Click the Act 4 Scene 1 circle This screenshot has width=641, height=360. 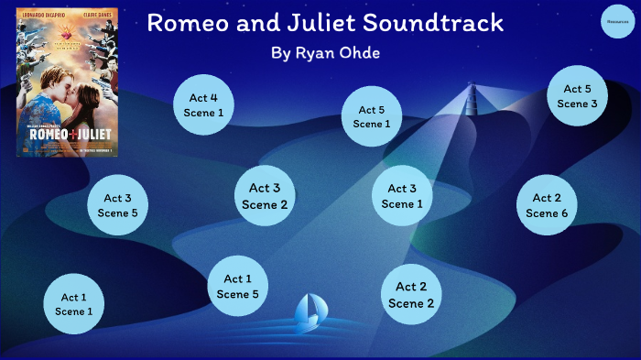[x=203, y=105]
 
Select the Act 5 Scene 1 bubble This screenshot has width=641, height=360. [x=372, y=116]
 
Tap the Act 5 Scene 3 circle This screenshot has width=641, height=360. [x=577, y=96]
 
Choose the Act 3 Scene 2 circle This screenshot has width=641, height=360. [x=265, y=196]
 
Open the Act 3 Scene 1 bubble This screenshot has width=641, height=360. [x=402, y=196]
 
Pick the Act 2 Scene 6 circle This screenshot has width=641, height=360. [x=547, y=205]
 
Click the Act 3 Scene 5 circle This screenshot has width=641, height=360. [x=117, y=205]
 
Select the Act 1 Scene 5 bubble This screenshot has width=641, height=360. [x=238, y=286]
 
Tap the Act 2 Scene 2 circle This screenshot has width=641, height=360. [x=411, y=294]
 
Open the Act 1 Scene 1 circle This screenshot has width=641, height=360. [x=74, y=303]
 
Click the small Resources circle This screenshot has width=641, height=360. [x=616, y=21]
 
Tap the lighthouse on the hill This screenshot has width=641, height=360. [x=473, y=94]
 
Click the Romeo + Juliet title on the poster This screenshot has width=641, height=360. [x=67, y=130]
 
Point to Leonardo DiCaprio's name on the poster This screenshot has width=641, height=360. [x=42, y=15]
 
